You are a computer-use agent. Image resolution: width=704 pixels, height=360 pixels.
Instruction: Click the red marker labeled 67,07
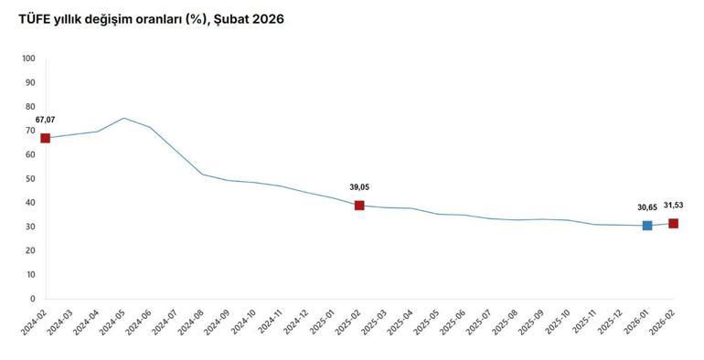point(45,138)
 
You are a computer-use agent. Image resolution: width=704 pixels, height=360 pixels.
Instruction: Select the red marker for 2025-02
point(359,206)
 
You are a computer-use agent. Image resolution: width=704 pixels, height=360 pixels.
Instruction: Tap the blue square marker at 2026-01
point(647,226)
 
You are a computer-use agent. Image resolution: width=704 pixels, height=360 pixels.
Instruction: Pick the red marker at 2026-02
point(674,224)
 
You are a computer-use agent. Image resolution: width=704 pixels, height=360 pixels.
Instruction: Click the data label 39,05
point(359,187)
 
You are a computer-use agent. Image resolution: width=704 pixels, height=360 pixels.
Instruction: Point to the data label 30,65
point(647,206)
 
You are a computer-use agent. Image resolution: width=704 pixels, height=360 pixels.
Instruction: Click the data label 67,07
point(46,120)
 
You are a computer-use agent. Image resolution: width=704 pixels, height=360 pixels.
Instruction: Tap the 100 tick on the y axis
point(27,58)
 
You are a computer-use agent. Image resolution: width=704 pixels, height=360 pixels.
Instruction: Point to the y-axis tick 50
point(29,178)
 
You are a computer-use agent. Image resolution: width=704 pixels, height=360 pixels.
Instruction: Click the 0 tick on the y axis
point(32,299)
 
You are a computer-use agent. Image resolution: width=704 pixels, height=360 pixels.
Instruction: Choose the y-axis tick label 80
point(29,106)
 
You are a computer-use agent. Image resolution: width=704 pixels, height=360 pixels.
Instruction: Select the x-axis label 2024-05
point(112,321)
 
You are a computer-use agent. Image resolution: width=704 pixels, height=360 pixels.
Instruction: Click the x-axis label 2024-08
point(191,321)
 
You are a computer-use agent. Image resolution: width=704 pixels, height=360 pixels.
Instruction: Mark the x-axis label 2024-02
point(34,321)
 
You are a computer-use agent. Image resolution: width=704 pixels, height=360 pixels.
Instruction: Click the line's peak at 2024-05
point(123,118)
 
